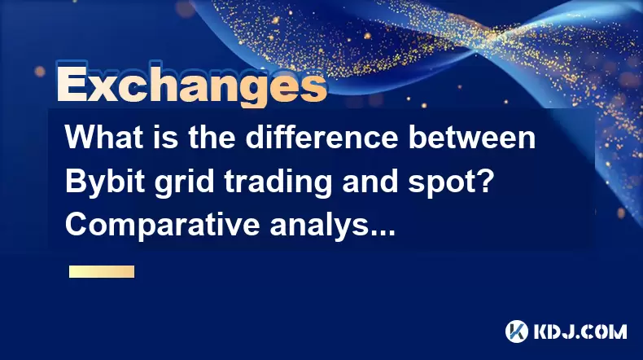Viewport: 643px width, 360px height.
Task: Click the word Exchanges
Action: point(192,85)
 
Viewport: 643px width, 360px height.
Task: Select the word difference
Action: point(322,137)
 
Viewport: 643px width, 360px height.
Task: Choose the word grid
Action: point(184,182)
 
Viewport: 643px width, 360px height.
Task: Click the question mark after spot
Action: point(483,181)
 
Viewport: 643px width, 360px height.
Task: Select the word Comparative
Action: point(163,226)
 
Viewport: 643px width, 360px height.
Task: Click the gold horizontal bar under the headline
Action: point(102,272)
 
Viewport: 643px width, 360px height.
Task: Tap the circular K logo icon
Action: point(517,331)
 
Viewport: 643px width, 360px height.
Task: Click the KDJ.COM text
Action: point(580,331)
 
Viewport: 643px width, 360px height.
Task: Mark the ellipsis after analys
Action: point(383,233)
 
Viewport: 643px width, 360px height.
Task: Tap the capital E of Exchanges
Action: point(72,85)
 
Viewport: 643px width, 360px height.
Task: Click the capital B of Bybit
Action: point(75,181)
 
